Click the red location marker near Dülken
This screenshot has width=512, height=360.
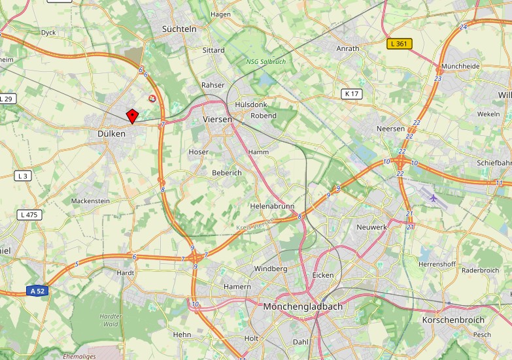pyautogui.click(x=132, y=116)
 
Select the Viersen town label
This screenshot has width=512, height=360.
pyautogui.click(x=218, y=120)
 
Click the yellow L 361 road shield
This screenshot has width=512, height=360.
pyautogui.click(x=400, y=44)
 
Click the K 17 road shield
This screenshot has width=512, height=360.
pyautogui.click(x=352, y=93)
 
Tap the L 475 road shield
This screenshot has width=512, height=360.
pyautogui.click(x=29, y=214)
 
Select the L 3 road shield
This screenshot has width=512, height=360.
pyautogui.click(x=24, y=176)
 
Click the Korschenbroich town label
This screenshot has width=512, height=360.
pyautogui.click(x=453, y=319)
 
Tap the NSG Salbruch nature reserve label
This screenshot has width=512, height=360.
pyautogui.click(x=266, y=61)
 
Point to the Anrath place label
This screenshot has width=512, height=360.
pyautogui.click(x=347, y=48)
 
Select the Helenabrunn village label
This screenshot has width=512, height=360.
pyautogui.click(x=273, y=206)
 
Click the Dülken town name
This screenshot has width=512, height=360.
pyautogui.click(x=107, y=133)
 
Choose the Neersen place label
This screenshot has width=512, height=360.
pyautogui.click(x=390, y=129)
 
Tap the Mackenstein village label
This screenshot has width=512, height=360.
pyautogui.click(x=90, y=201)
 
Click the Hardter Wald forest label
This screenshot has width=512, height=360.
pyautogui.click(x=111, y=319)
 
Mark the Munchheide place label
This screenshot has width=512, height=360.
pyautogui.click(x=460, y=67)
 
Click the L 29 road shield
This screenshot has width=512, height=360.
pyautogui.click(x=7, y=99)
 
